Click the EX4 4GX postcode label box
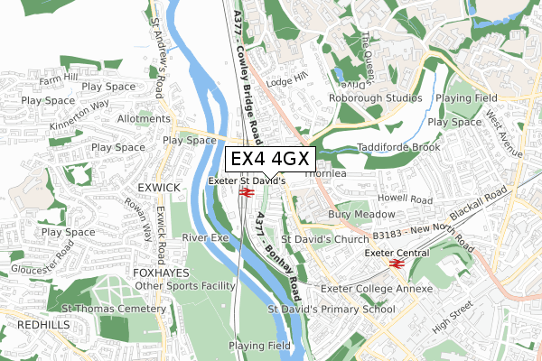269,159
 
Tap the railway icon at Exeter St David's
246,192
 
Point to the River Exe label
206,237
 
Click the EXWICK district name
160,187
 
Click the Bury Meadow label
361,215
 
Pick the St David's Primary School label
332,310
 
